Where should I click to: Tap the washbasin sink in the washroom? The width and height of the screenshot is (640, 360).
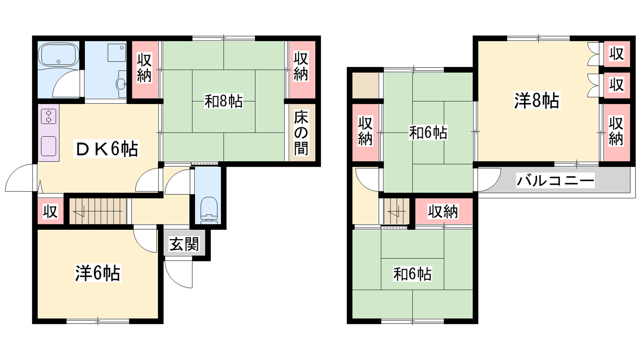(x=122, y=84)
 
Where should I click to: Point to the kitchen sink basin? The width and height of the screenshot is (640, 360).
(x=48, y=146)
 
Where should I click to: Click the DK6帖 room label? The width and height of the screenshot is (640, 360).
(x=106, y=148)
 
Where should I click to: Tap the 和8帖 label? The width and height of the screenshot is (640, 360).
(x=224, y=101)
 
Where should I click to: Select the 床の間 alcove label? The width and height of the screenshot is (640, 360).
(x=301, y=132)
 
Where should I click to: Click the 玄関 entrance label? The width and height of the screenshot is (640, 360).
(x=184, y=244)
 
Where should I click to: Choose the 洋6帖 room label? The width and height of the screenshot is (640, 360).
(x=98, y=273)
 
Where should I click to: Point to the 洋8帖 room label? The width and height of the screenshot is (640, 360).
(x=536, y=100)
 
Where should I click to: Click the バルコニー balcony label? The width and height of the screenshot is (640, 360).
(x=556, y=180)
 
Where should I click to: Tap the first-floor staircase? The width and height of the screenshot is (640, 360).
(x=98, y=211)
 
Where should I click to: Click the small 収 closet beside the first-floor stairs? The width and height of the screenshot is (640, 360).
(x=50, y=212)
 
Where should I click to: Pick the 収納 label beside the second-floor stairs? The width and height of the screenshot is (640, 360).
(x=442, y=212)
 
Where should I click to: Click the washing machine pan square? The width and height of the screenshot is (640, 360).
(x=116, y=52)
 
